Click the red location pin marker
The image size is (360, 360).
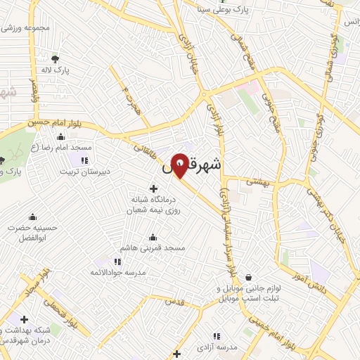[179, 167]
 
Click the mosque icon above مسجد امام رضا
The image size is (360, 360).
[61, 137]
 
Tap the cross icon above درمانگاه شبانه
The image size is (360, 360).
[153, 187]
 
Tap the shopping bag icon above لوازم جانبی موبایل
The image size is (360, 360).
[248, 278]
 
